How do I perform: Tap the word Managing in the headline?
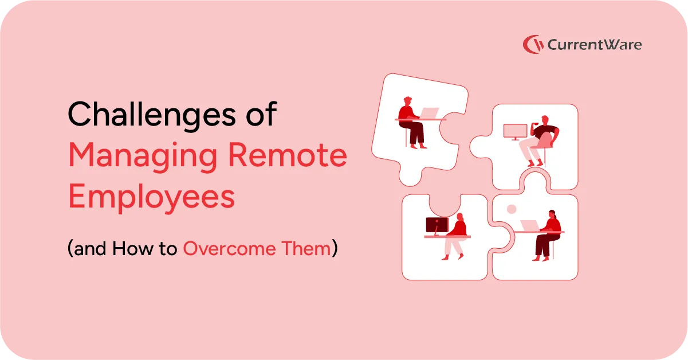(143, 157)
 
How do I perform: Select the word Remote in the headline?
(288, 155)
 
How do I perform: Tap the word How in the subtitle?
(132, 248)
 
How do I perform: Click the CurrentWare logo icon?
(533, 45)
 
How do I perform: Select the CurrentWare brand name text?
(595, 45)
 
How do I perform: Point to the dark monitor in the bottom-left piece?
(437, 226)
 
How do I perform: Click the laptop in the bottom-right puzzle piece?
(530, 226)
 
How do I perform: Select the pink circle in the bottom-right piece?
(512, 209)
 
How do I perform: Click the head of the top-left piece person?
(407, 101)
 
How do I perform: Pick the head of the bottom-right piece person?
(552, 214)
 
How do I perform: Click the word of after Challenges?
(261, 114)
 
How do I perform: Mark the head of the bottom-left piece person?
(460, 217)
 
